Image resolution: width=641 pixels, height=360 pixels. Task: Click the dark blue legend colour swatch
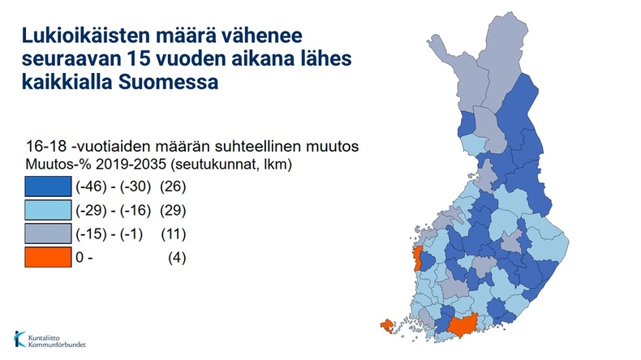coord(48,186)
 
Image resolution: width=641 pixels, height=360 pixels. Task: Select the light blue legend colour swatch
coord(48,210)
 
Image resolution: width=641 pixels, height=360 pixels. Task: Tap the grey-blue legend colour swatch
coord(48,234)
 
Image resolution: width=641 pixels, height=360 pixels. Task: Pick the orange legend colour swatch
coord(48,258)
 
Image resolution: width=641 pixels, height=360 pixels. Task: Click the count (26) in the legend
coord(173,186)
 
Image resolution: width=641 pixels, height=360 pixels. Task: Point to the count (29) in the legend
coord(173,210)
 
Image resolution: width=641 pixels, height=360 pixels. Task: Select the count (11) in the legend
coord(174,234)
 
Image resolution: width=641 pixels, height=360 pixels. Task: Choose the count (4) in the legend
coord(177,258)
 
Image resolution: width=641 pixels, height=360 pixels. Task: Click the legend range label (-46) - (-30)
coord(114,186)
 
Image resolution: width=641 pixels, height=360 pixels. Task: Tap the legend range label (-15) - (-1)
coord(110,234)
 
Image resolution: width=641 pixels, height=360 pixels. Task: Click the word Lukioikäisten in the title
coord(85,35)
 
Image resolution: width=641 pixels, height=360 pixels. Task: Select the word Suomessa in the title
coord(169,82)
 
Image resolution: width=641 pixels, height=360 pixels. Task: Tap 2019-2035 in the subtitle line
coord(131,165)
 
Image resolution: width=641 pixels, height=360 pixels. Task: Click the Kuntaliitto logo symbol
coord(19,339)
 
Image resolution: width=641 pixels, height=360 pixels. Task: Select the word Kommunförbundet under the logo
coord(57,345)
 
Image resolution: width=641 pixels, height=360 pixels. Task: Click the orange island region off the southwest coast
coord(387,326)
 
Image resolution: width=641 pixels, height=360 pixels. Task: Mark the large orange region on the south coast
coord(462,325)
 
